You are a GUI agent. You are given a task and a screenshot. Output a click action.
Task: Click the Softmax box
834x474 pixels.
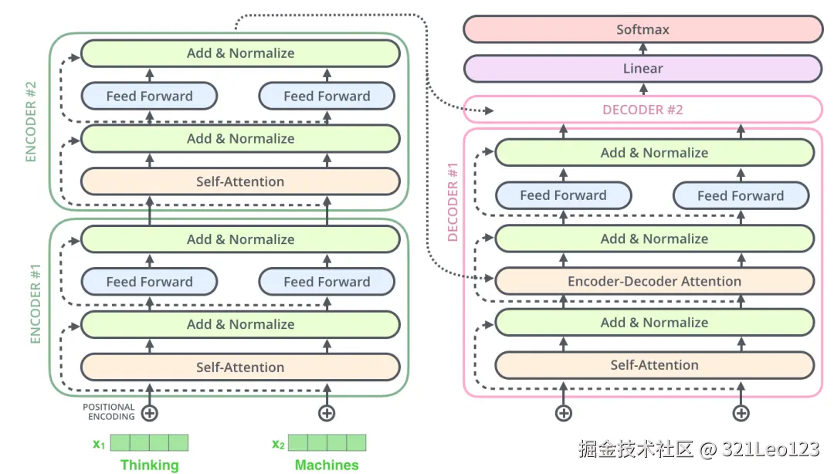pyautogui.click(x=642, y=29)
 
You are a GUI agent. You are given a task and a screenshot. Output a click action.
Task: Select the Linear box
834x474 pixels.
pyautogui.click(x=642, y=69)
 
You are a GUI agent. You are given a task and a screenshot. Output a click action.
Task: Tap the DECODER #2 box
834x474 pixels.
pyautogui.click(x=642, y=110)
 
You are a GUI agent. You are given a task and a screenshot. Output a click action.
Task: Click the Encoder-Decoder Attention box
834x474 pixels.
pyautogui.click(x=654, y=281)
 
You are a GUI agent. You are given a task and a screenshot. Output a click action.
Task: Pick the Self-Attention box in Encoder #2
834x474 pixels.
pyautogui.click(x=240, y=181)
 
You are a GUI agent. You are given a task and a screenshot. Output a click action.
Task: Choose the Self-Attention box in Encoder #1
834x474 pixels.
pyautogui.click(x=240, y=367)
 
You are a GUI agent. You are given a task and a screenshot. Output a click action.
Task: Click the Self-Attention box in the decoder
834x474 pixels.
pyautogui.click(x=654, y=365)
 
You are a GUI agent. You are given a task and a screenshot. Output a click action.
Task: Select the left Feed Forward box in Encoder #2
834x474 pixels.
pyautogui.click(x=149, y=96)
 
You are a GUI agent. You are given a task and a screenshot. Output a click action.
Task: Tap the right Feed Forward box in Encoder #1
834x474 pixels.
pyautogui.click(x=327, y=282)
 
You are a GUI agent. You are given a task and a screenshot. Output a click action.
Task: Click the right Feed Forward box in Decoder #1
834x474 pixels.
pyautogui.click(x=741, y=196)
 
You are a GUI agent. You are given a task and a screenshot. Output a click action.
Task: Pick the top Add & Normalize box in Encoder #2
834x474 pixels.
pyautogui.click(x=240, y=53)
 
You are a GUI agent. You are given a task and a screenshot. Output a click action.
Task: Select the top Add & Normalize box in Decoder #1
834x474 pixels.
pyautogui.click(x=654, y=153)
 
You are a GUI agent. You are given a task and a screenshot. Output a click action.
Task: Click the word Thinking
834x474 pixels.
pyautogui.click(x=149, y=465)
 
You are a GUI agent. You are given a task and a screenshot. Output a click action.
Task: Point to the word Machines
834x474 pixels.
pyautogui.click(x=327, y=465)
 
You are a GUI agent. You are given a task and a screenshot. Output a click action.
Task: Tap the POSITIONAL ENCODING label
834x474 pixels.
pyautogui.click(x=109, y=411)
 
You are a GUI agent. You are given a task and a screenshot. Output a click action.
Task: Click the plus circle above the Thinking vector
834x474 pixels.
pyautogui.click(x=150, y=413)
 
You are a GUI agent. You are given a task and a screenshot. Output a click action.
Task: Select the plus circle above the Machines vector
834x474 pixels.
pyautogui.click(x=327, y=413)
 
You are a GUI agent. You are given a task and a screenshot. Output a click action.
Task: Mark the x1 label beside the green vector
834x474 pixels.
pyautogui.click(x=99, y=444)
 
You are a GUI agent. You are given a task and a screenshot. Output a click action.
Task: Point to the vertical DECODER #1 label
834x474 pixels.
pyautogui.click(x=453, y=201)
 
